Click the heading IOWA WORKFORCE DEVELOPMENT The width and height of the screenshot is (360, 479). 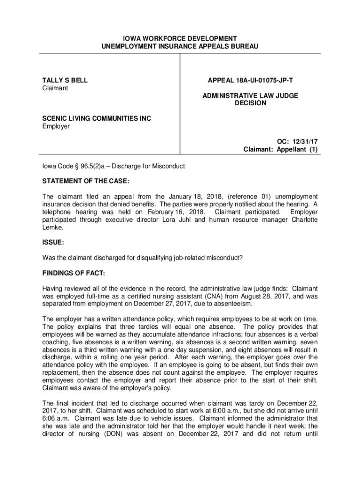coord(180,38)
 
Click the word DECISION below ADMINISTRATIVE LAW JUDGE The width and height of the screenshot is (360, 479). coord(250,103)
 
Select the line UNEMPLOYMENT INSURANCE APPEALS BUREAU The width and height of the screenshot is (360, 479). coord(180,46)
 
